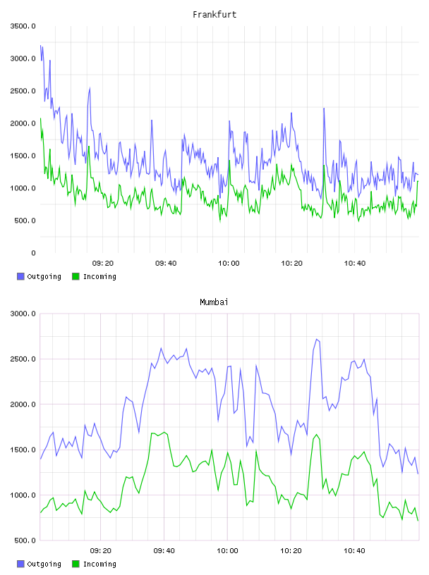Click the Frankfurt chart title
pyautogui.click(x=214, y=15)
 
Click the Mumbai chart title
pyautogui.click(x=214, y=302)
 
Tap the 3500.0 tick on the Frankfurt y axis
pyautogui.click(x=23, y=26)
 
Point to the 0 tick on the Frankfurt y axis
pyautogui.click(x=33, y=253)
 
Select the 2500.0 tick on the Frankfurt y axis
pyautogui.click(x=23, y=91)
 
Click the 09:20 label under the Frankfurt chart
pyautogui.click(x=103, y=264)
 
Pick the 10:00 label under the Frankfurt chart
pyautogui.click(x=229, y=264)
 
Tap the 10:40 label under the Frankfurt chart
pyautogui.click(x=355, y=264)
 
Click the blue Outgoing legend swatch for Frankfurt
pyautogui.click(x=20, y=276)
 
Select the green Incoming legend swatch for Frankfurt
pyautogui.click(x=75, y=276)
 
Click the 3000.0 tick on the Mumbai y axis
pyautogui.click(x=23, y=314)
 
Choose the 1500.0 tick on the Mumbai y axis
pyautogui.click(x=23, y=450)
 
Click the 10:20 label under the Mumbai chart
pyautogui.click(x=291, y=551)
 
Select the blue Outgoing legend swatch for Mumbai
pyautogui.click(x=20, y=564)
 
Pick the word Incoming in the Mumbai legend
pyautogui.click(x=99, y=564)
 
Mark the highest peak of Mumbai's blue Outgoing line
pyautogui.click(x=317, y=339)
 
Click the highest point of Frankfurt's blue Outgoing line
pyautogui.click(x=41, y=46)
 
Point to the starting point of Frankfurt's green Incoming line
pyautogui.click(x=40, y=118)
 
